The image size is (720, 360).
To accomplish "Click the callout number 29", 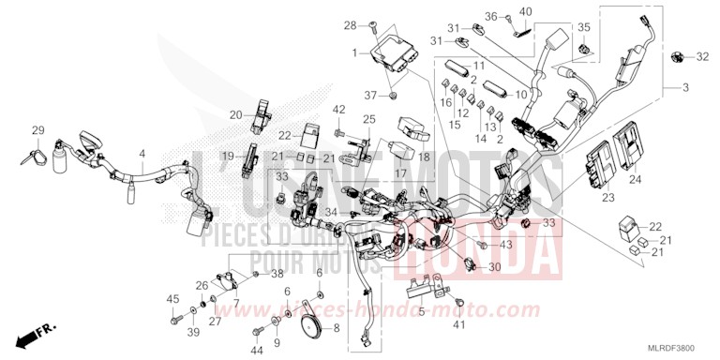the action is (38, 130).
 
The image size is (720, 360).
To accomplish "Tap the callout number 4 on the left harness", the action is (142, 153).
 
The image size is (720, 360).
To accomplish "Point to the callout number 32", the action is (702, 58).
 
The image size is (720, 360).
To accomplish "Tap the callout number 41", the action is (458, 324).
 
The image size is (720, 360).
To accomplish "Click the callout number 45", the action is (172, 299).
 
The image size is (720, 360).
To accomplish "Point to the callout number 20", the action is (236, 114).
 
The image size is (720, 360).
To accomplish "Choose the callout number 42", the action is (339, 111).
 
